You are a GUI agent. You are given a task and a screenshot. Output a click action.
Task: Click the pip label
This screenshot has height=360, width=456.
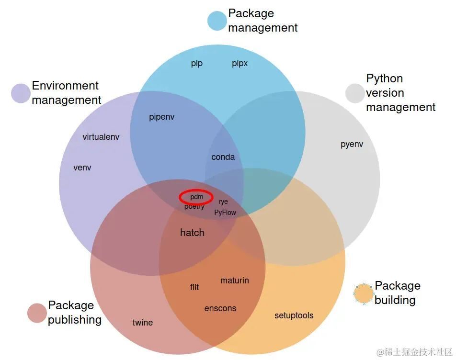pyautogui.click(x=197, y=64)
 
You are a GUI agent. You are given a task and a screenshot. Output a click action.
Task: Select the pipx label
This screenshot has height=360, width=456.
pyautogui.click(x=239, y=64)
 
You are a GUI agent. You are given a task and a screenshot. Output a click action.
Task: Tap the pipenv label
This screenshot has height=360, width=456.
pyautogui.click(x=161, y=117)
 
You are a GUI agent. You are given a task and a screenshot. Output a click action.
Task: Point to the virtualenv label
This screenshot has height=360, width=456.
pyautogui.click(x=101, y=137)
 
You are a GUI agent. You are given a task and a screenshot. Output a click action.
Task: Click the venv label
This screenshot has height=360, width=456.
pyautogui.click(x=82, y=168)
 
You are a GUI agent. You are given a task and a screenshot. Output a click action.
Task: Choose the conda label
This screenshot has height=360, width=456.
pyautogui.click(x=223, y=157)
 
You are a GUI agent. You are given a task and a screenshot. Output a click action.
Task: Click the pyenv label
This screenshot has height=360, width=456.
pyautogui.click(x=352, y=144)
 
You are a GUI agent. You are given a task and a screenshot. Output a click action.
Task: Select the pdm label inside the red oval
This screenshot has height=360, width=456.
pyautogui.click(x=196, y=197)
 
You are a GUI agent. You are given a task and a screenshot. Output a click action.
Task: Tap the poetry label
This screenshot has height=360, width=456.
pyautogui.click(x=194, y=207)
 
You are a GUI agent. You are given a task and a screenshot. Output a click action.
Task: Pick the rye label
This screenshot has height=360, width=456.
pyautogui.click(x=223, y=202)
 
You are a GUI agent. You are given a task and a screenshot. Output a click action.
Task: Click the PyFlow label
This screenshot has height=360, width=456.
pyautogui.click(x=225, y=213)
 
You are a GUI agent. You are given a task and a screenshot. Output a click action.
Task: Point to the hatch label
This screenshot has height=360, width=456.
pyautogui.click(x=192, y=233)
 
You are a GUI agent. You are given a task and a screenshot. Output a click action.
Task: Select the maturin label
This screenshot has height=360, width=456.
pyautogui.click(x=234, y=281)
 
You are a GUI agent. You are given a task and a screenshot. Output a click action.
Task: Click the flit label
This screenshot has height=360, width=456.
pyautogui.click(x=194, y=287)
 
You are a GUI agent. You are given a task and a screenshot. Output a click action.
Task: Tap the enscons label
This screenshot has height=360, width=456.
pyautogui.click(x=220, y=308)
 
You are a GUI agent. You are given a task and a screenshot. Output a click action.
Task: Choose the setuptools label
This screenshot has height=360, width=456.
pyautogui.click(x=294, y=315)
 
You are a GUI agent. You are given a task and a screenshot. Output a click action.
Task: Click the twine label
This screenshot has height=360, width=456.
pyautogui.click(x=142, y=323)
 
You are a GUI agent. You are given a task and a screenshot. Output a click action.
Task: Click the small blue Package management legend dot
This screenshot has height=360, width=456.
pyautogui.click(x=217, y=21)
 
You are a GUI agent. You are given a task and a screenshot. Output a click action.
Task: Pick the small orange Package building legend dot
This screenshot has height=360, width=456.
pyautogui.click(x=364, y=293)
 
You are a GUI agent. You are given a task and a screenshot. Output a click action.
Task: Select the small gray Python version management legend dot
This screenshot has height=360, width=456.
pyautogui.click(x=355, y=93)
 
